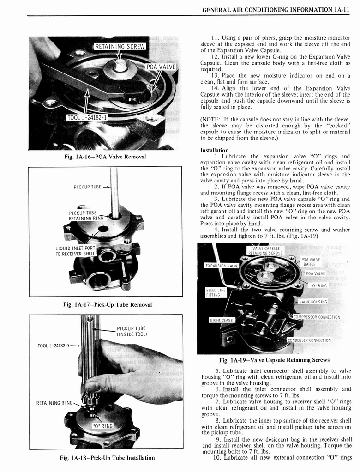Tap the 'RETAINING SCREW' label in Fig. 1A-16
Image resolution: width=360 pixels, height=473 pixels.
click(120, 46)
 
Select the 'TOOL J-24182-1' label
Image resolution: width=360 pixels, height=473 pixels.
click(87, 117)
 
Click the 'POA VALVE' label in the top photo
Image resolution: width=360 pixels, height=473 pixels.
click(161, 67)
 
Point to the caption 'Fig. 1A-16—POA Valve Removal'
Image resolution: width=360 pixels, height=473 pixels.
click(106, 157)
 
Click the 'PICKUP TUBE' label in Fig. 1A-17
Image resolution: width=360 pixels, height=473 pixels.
click(87, 187)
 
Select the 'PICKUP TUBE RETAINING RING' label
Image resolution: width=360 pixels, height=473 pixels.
click(83, 216)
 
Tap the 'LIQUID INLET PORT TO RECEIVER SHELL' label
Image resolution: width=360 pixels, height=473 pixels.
click(75, 251)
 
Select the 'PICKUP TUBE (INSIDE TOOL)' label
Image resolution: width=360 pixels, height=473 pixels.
click(132, 332)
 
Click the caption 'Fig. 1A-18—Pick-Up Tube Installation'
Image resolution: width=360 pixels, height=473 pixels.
click(107, 458)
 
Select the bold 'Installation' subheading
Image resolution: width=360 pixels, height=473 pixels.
click(214, 150)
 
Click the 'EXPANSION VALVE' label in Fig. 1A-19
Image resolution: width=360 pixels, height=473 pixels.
click(222, 266)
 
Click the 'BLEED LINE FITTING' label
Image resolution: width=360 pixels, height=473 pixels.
click(216, 292)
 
